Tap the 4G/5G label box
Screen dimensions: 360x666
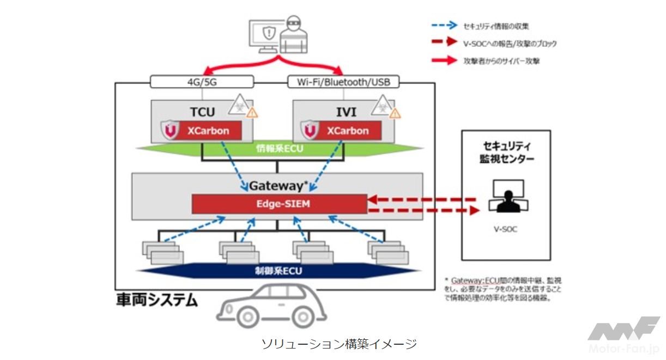click(202, 82)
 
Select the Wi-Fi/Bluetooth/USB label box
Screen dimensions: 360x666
click(343, 82)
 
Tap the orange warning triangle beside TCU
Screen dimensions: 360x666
click(252, 113)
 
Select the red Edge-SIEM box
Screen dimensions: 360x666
click(279, 204)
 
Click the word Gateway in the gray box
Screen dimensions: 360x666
click(272, 186)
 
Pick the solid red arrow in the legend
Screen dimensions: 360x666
click(444, 60)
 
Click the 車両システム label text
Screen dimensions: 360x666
click(156, 300)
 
